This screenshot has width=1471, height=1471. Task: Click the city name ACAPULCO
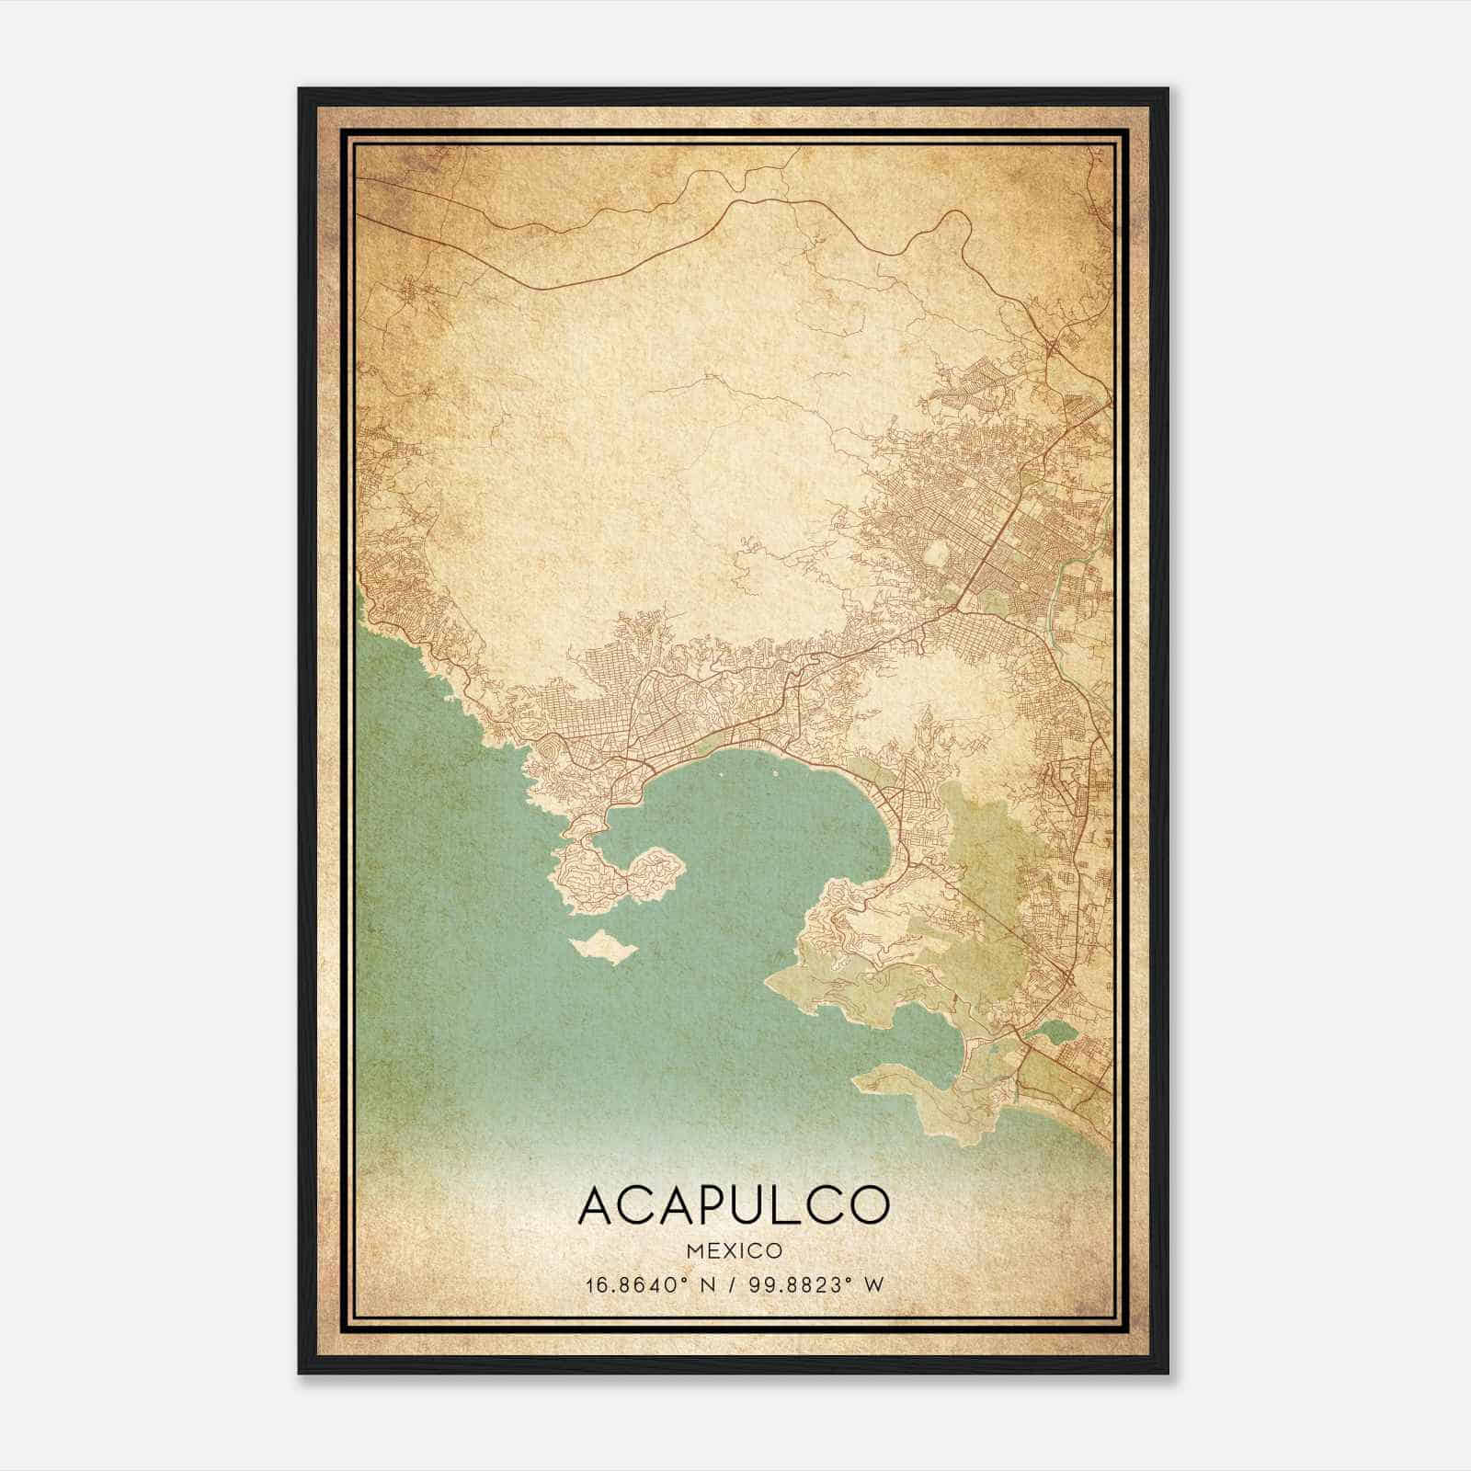point(734,1204)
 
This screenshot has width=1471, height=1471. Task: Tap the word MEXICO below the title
point(734,1251)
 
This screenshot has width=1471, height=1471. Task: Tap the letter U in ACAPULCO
point(750,1204)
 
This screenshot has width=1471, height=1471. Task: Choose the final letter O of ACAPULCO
point(868,1204)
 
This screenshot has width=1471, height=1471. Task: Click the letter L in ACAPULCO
point(790,1204)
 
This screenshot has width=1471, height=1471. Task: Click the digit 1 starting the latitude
point(587,1284)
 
